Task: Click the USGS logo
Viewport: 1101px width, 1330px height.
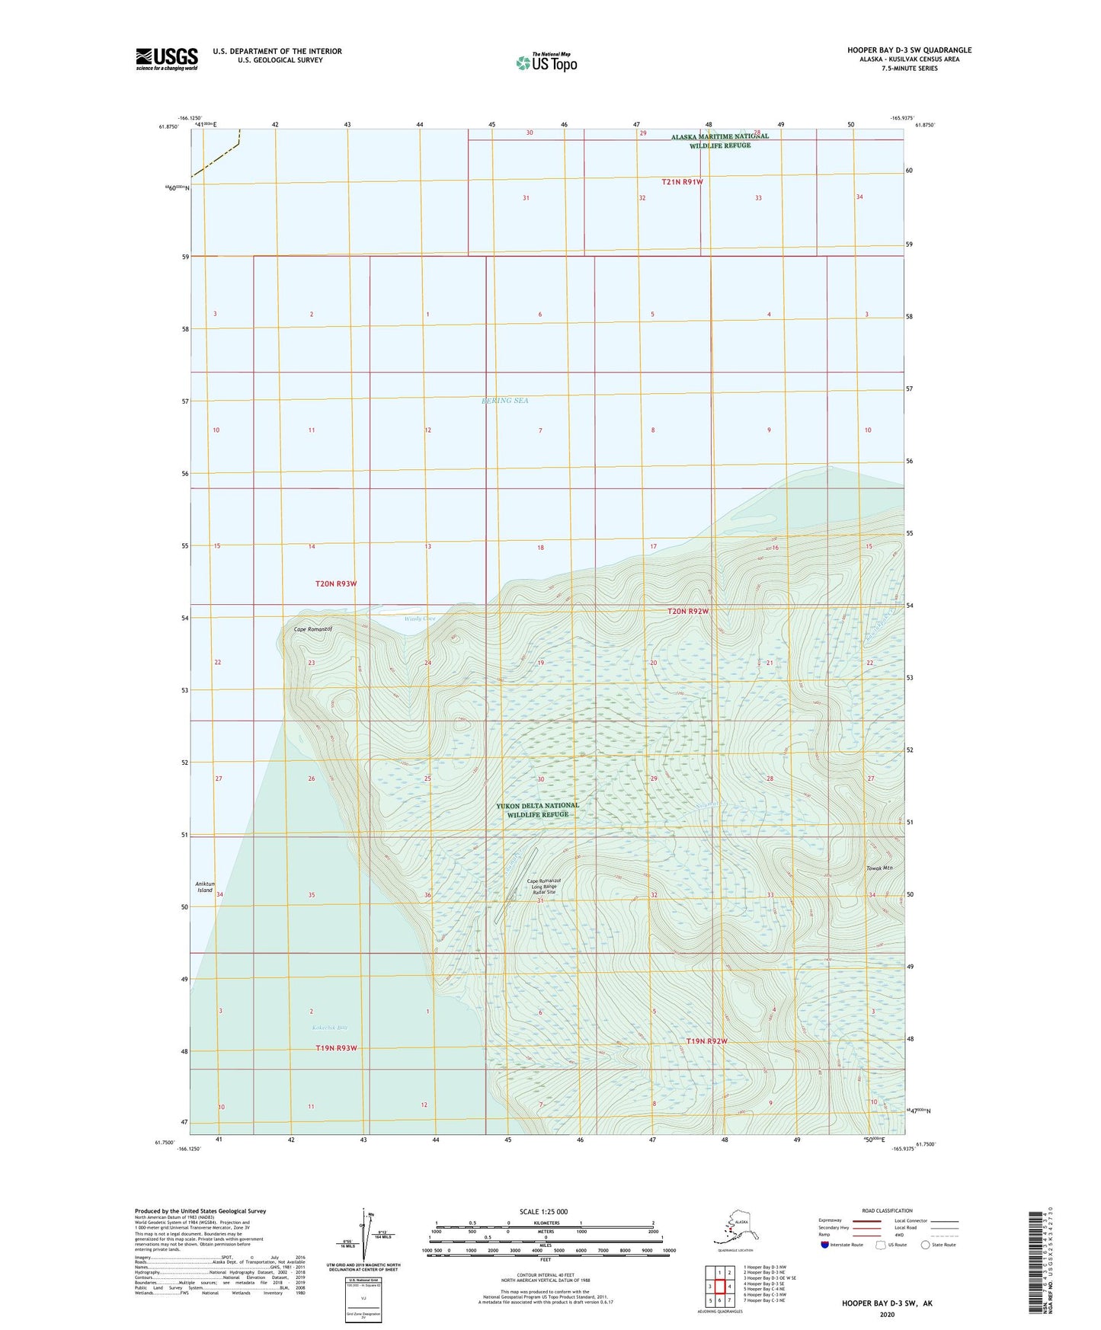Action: point(166,59)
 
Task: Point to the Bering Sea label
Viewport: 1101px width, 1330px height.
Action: point(504,401)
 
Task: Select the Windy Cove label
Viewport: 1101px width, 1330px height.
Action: point(419,619)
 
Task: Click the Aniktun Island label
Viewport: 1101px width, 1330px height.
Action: point(205,887)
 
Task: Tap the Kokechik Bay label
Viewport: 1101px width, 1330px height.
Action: point(329,1028)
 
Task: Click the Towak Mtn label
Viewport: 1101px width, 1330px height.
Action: point(879,868)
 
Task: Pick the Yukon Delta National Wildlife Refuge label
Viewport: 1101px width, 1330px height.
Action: point(537,810)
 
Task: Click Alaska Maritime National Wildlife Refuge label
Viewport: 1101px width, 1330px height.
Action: point(719,141)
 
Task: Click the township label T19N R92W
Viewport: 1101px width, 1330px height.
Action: point(706,1041)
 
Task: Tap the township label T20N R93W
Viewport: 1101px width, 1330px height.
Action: point(336,583)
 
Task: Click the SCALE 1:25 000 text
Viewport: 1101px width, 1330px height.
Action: point(543,1211)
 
